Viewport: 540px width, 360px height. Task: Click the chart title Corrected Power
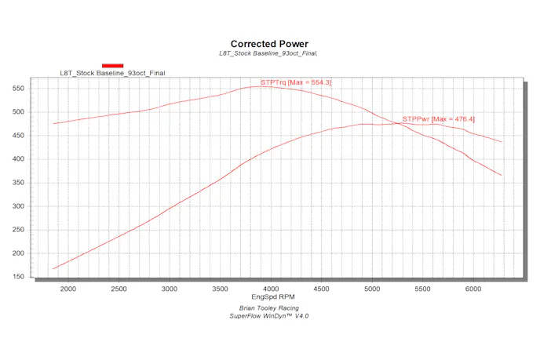[269, 44]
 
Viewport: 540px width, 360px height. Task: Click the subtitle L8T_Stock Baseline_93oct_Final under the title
[269, 53]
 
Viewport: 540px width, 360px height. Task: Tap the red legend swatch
[112, 65]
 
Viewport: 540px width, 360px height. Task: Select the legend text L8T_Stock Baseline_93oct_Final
[112, 73]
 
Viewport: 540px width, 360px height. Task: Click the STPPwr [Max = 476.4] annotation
[438, 119]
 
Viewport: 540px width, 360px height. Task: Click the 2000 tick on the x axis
[67, 289]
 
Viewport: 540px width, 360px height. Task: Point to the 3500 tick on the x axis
[220, 289]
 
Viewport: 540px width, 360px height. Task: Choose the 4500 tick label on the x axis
[320, 289]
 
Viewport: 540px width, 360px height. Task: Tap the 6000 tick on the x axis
[472, 289]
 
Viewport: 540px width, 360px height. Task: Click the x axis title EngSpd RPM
[269, 298]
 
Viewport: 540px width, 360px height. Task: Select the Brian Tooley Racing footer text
[269, 308]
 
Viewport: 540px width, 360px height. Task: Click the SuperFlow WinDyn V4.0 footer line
[269, 316]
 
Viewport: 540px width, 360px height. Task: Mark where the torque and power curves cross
[398, 123]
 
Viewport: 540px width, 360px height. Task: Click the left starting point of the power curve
[53, 269]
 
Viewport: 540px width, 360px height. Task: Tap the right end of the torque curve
[502, 176]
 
